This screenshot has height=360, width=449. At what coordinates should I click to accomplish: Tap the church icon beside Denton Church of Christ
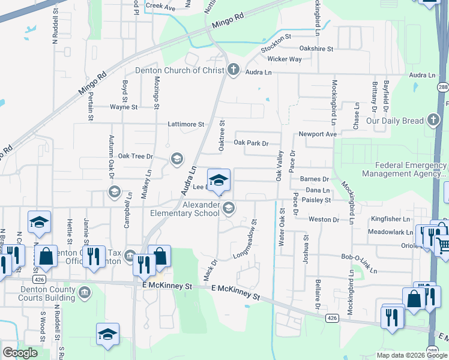(233, 70)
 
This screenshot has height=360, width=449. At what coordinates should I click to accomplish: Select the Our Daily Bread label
(395, 121)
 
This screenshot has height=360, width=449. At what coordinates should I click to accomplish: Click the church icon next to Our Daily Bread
(433, 120)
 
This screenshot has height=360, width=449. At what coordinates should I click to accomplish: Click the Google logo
(20, 353)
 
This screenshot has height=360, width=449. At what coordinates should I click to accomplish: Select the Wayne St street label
(124, 107)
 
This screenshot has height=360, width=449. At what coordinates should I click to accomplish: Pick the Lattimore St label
(186, 124)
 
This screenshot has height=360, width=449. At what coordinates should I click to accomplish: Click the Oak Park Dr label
(250, 143)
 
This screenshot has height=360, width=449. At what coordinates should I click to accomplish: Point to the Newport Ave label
(318, 134)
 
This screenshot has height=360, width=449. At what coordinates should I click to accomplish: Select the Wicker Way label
(285, 59)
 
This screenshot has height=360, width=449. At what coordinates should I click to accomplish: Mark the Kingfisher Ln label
(390, 219)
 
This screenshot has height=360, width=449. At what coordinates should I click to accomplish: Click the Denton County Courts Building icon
(85, 292)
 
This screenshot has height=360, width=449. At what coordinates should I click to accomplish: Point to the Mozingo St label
(155, 94)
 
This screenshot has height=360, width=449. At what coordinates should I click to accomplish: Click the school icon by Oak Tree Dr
(176, 158)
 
